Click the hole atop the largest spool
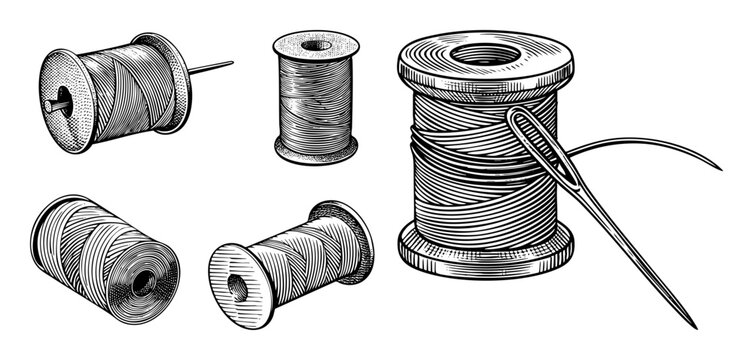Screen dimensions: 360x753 click(483, 52)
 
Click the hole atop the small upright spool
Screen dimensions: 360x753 click(316, 44)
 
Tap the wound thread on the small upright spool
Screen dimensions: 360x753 click(316, 100)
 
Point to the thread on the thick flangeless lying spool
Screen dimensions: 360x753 click(90, 240)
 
